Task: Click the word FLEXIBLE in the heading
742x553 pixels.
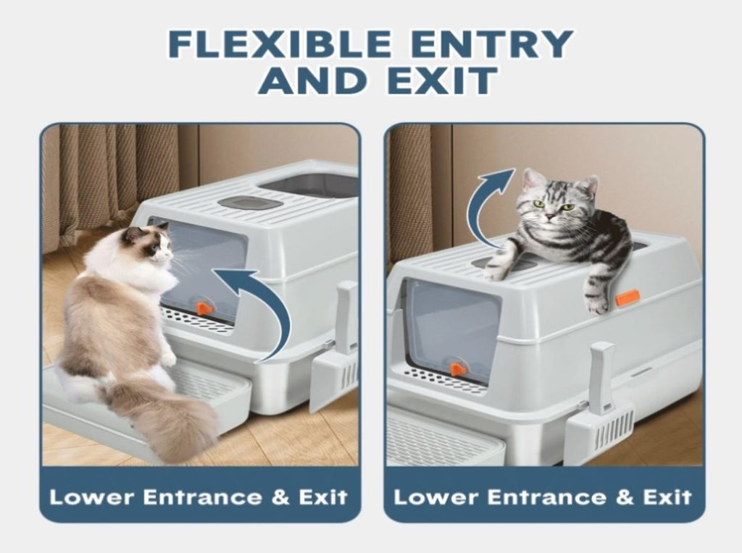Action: [x=280, y=43]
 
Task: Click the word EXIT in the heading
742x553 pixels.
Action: [x=443, y=80]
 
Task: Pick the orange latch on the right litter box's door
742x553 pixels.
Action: [x=458, y=368]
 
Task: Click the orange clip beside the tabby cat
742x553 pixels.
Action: [x=628, y=297]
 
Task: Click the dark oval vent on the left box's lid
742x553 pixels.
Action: [x=250, y=203]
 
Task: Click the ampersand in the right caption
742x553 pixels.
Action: [x=624, y=497]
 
